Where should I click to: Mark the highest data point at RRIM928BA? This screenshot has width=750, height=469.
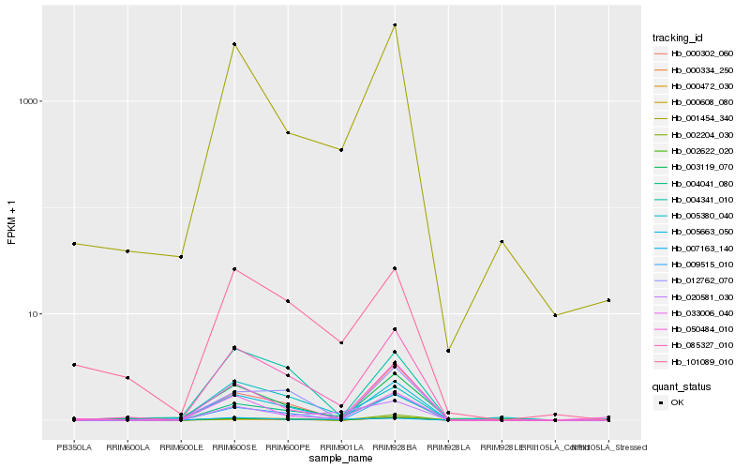coord(395,24)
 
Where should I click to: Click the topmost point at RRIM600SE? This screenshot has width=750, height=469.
coord(234,44)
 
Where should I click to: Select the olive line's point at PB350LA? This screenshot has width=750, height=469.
coord(74,244)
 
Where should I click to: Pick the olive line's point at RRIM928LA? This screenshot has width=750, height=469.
coord(448,351)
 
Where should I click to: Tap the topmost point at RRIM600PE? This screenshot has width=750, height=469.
coord(288,133)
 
